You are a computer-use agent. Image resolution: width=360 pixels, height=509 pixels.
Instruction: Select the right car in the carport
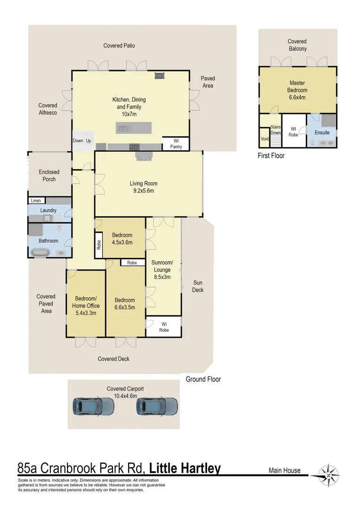point(157,405)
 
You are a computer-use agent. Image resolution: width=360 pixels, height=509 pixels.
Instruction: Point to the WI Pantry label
point(175,144)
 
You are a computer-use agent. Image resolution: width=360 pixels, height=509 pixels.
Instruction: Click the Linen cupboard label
point(36,200)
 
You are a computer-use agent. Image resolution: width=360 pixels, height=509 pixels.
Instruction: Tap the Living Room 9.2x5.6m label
point(144,187)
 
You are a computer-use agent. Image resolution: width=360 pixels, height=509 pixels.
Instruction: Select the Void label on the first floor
point(265,140)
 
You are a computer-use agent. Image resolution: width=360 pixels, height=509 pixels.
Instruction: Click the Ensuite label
point(322,132)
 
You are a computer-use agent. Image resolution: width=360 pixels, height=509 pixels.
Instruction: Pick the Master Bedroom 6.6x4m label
point(298,90)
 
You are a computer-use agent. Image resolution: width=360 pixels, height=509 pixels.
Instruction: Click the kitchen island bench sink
point(123,128)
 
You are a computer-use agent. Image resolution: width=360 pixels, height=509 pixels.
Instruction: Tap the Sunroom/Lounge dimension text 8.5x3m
point(161,277)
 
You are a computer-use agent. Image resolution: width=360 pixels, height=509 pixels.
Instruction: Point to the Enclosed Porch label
point(49,175)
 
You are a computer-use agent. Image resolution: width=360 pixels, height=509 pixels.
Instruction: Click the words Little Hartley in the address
point(185,468)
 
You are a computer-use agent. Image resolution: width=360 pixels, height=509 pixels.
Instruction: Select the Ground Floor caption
point(203,379)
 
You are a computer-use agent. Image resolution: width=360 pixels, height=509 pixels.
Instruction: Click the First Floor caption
point(271,156)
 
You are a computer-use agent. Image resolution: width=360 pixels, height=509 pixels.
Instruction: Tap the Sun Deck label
point(198,286)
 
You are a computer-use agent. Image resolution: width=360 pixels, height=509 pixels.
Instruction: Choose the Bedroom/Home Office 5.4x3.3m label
point(85,305)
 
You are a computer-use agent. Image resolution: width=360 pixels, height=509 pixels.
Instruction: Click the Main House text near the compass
point(285,470)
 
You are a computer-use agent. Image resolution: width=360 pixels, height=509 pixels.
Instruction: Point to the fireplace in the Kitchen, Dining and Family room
point(160,75)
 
